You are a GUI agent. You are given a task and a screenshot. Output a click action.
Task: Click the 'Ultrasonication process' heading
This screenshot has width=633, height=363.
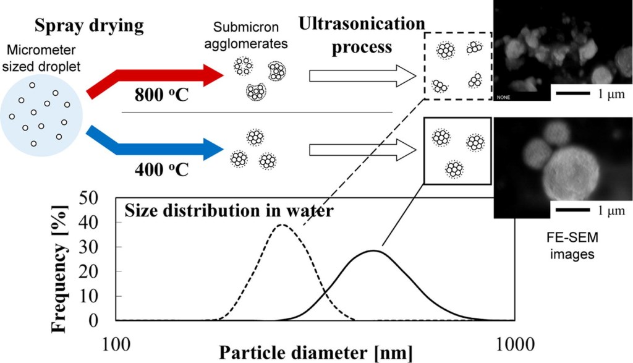coord(362,35)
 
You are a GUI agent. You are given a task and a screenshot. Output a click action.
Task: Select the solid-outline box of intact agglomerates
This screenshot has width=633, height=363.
coord(457,152)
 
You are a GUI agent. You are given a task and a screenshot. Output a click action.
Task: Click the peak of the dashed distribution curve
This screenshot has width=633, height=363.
coord(282,225)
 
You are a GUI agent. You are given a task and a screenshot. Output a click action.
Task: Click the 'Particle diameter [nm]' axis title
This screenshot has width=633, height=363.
coord(315,352)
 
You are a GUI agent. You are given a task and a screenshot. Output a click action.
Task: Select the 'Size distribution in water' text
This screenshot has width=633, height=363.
coord(229,211)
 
